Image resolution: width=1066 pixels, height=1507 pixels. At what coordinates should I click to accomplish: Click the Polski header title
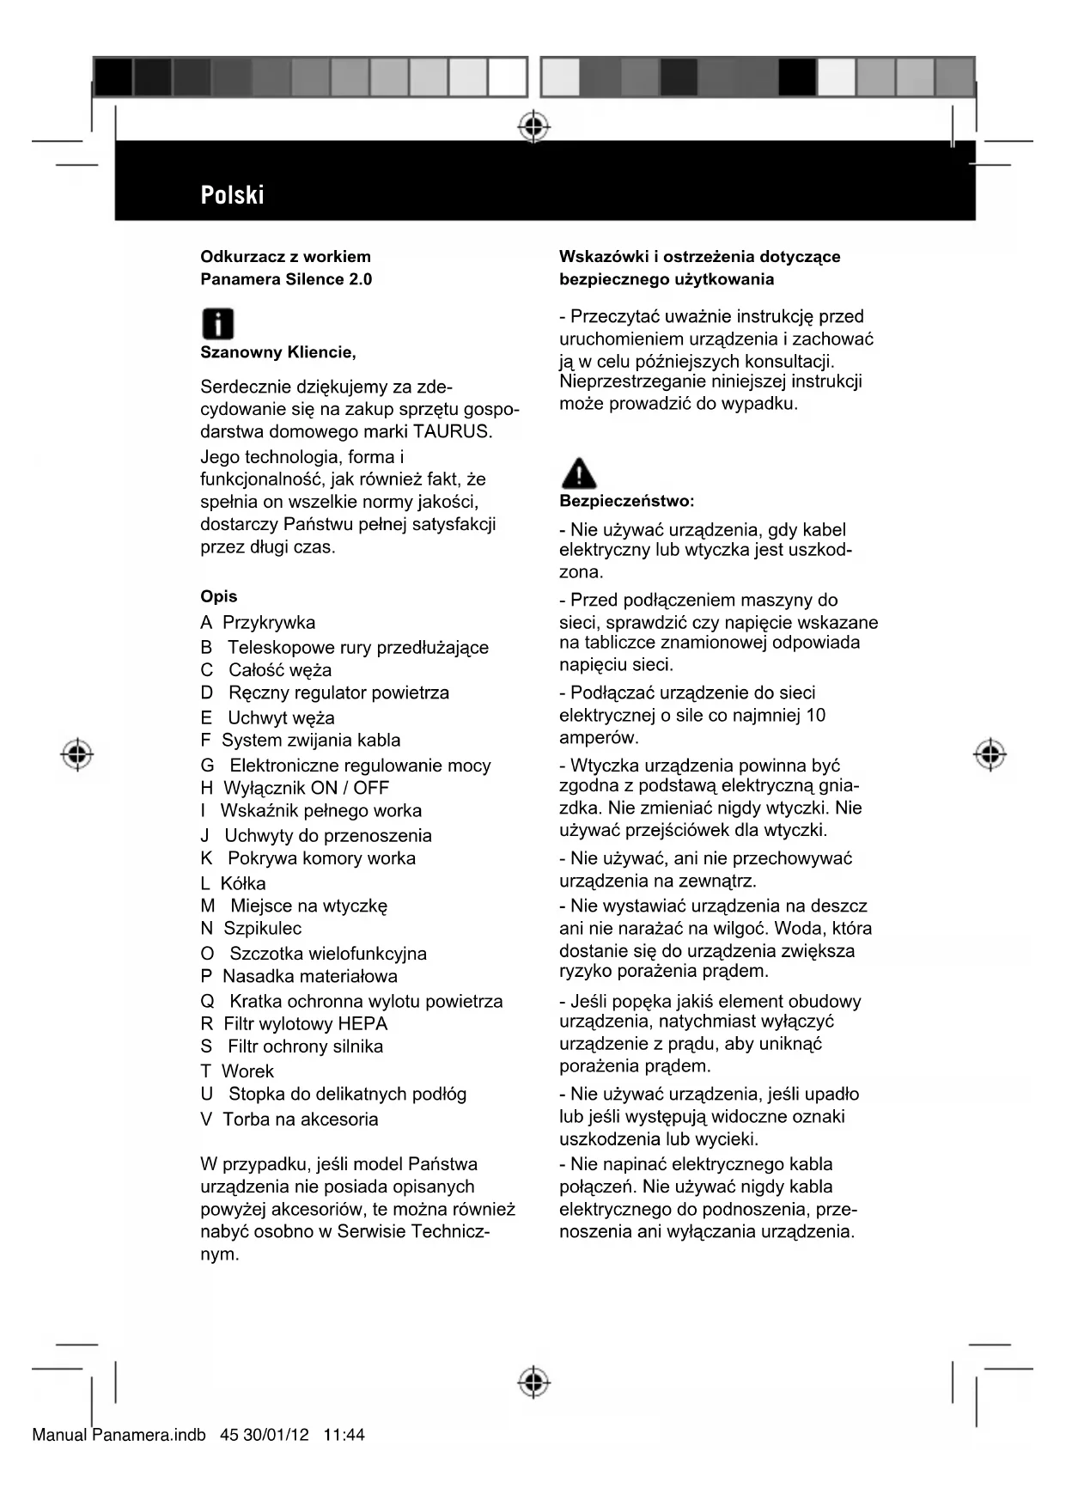232,195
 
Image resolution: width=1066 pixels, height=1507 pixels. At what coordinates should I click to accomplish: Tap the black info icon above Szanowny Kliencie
217,324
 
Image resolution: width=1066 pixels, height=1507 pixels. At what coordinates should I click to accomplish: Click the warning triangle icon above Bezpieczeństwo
578,473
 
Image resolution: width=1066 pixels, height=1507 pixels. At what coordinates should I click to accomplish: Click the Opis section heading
218,596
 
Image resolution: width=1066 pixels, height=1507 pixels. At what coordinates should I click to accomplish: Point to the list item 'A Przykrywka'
258,623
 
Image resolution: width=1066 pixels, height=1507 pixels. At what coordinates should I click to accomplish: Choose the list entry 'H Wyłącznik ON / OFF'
295,788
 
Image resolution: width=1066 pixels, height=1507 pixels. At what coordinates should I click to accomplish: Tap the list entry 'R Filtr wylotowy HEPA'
294,1024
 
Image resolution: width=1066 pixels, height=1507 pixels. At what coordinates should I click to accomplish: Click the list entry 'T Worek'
237,1071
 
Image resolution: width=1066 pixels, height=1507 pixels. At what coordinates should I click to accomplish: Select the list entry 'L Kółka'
233,883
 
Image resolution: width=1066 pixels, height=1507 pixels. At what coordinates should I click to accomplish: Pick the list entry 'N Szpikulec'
251,929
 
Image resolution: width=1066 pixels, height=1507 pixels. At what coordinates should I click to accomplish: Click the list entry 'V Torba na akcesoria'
289,1120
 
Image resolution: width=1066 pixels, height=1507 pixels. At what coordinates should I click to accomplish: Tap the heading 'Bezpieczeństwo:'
627,501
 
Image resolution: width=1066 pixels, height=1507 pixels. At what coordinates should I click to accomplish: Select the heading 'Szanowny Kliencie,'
277,352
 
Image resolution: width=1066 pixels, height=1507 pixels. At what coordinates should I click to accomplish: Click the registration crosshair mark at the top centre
533,126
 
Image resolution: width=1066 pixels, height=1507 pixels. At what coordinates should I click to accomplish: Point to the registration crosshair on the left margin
77,753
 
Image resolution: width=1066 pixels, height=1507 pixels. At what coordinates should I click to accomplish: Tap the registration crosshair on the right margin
990,753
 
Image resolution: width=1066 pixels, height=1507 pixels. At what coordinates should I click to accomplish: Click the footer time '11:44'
344,1435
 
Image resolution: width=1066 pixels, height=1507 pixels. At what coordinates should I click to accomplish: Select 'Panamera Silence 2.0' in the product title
286,279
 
